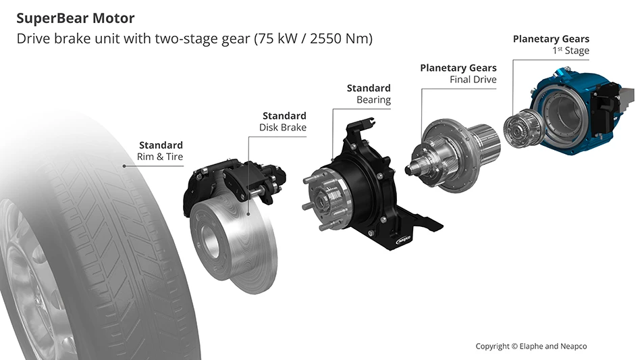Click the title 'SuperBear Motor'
(75, 18)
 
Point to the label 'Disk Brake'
(283, 128)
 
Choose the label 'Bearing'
(373, 100)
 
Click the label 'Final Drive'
(473, 80)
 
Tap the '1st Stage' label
(570, 51)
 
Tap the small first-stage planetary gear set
(520, 128)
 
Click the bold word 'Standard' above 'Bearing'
(369, 88)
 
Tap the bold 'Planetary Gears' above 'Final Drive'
(458, 68)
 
